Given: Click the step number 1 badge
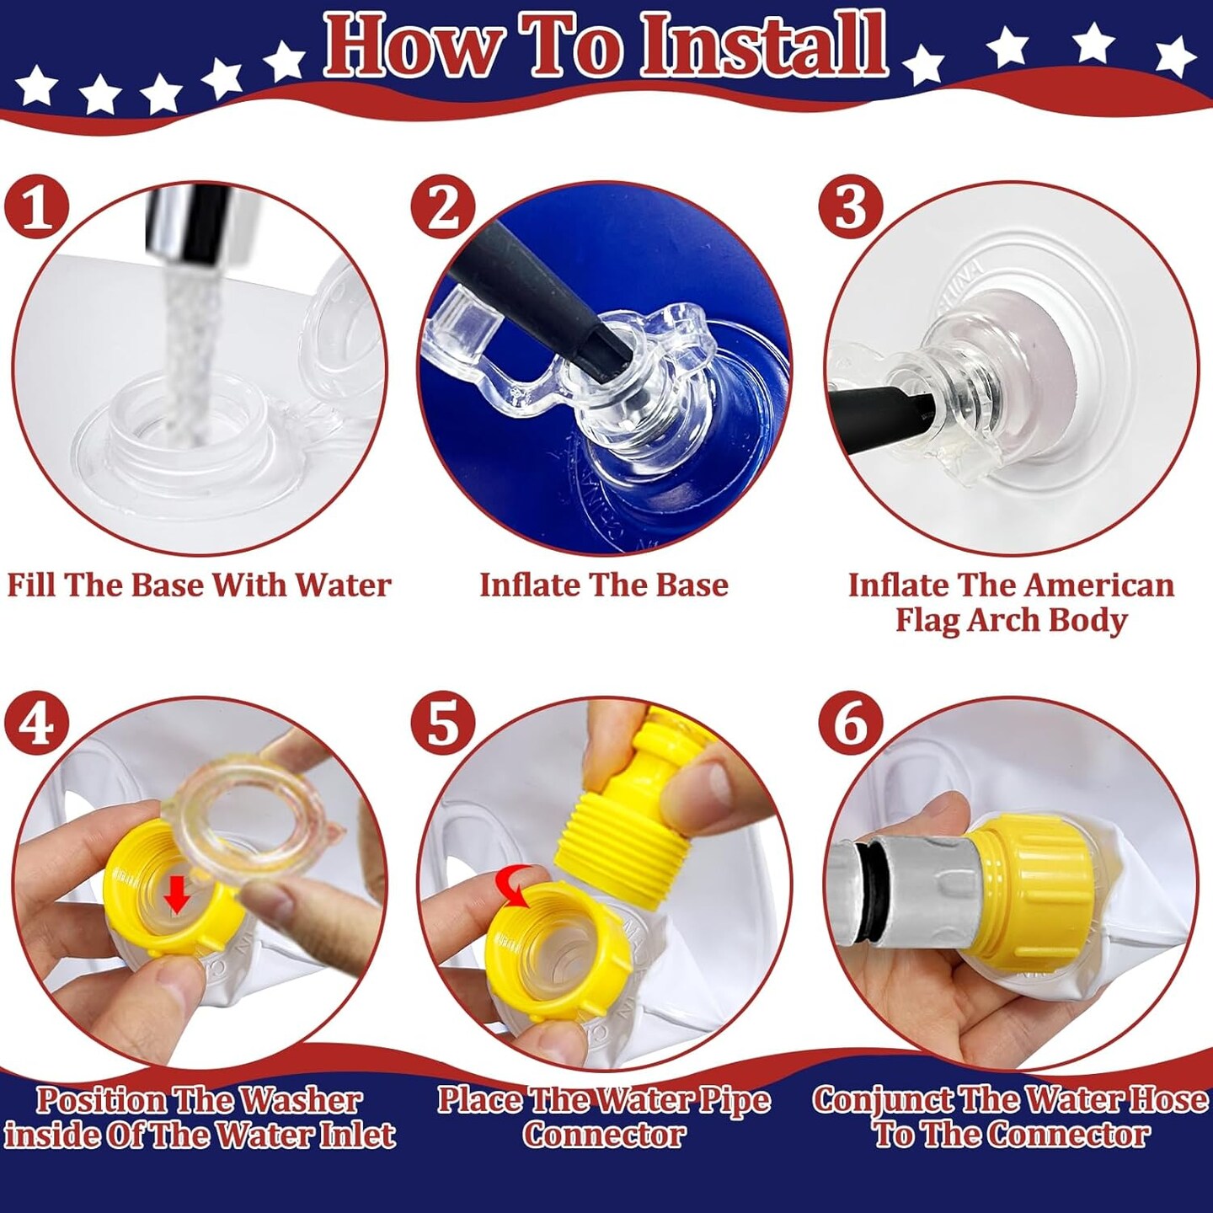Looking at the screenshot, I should pyautogui.click(x=35, y=207).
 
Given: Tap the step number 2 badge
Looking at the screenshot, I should pyautogui.click(x=443, y=207).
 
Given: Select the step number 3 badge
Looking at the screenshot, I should pyautogui.click(x=851, y=207).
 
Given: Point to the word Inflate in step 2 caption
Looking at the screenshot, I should pyautogui.click(x=522, y=585).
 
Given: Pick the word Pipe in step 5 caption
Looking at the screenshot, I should pyautogui.click(x=734, y=1099).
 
